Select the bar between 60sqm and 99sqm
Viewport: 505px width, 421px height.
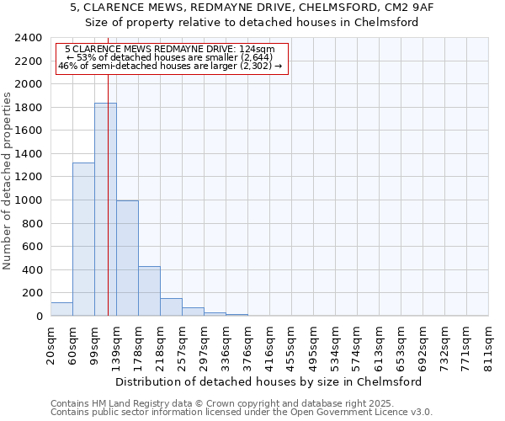[83, 240]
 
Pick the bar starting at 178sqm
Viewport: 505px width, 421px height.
[149, 291]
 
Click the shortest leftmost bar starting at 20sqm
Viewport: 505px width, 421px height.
[61, 309]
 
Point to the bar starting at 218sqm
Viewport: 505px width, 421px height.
[171, 307]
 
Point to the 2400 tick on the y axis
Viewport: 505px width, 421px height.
[29, 39]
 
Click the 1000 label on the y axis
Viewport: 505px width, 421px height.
[29, 201]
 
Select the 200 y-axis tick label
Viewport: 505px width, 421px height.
[33, 294]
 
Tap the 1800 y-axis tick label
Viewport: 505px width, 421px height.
[29, 109]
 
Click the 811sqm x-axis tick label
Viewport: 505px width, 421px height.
[488, 346]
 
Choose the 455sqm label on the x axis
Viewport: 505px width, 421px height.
[291, 346]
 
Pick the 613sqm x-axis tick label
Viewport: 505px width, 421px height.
[379, 346]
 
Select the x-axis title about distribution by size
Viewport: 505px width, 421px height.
[268, 381]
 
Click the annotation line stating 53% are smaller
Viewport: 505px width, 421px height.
[172, 57]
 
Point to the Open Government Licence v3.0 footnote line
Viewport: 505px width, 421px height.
[242, 413]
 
